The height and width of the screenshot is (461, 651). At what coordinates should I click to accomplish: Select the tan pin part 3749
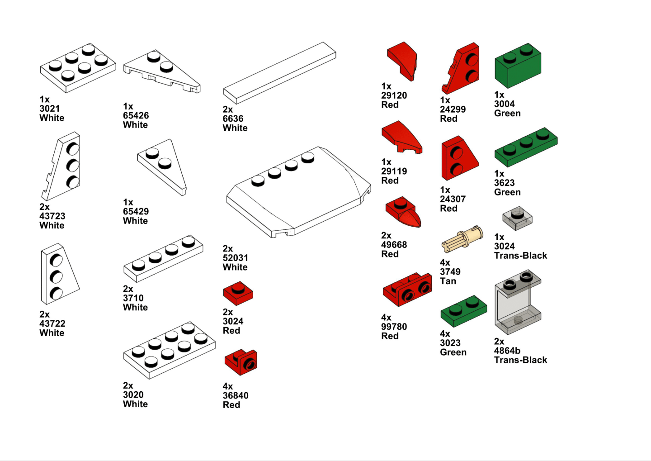462,239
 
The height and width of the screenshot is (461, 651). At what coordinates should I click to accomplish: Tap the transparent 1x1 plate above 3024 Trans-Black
517,218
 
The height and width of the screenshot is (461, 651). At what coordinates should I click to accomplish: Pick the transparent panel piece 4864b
518,302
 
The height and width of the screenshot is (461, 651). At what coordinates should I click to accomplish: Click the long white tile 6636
279,73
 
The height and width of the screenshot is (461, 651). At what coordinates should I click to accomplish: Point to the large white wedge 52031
298,192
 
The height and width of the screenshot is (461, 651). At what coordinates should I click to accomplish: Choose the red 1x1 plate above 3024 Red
238,293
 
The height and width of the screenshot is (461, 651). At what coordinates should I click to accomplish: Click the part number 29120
394,95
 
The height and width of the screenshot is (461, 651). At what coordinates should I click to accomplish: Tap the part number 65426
136,115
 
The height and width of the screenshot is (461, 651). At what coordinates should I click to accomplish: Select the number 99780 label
394,327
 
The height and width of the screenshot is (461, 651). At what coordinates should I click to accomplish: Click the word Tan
448,281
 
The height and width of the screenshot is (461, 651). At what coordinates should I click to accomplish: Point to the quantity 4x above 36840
227,386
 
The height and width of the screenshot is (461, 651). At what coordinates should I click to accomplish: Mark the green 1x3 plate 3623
526,147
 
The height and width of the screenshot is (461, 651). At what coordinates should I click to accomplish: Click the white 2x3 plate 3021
78,68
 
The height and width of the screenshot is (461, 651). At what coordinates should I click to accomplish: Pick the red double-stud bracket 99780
407,290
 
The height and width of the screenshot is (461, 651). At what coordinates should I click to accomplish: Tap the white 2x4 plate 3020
169,350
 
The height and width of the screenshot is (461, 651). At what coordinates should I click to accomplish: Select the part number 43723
52,216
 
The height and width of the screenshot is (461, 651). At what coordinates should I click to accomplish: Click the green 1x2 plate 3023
463,311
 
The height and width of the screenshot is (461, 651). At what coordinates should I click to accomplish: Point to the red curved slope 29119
401,136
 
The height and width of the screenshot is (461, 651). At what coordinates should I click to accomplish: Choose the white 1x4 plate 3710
163,258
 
